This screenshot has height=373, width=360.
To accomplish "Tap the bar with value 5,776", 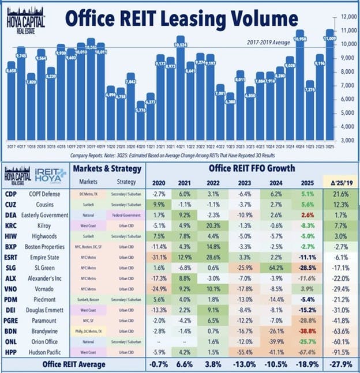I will pos(140,124).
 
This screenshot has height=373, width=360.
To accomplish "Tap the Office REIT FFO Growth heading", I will pos(252,168).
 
